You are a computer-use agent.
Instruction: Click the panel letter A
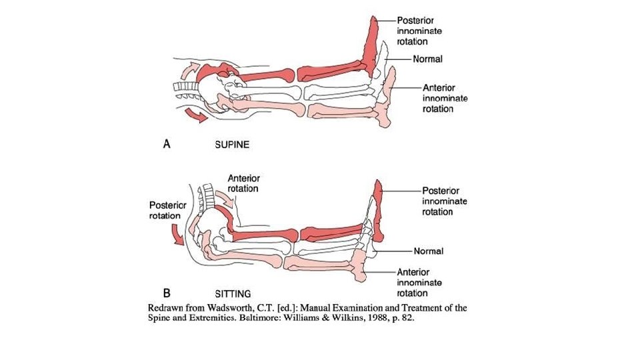point(167,144)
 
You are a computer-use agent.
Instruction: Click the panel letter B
point(167,292)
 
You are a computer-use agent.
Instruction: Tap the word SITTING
point(233,293)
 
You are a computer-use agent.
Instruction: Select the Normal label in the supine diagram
point(427,59)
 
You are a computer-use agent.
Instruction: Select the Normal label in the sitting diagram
point(428,251)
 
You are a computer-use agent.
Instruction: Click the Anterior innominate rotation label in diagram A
point(445,98)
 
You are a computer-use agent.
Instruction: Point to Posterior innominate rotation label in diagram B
point(445,201)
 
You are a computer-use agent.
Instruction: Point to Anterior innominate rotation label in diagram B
point(419,283)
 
